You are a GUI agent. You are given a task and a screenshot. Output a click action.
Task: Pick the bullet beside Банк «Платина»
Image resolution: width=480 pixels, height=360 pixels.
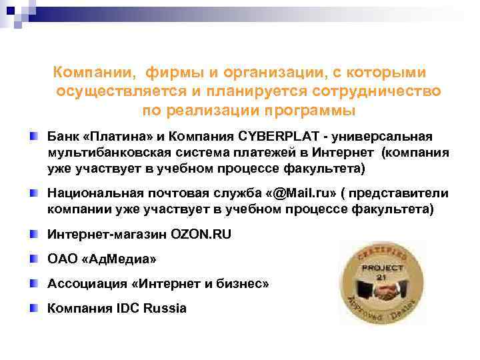tap(33, 137)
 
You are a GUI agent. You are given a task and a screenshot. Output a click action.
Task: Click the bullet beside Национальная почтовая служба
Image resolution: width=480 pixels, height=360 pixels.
tap(33, 193)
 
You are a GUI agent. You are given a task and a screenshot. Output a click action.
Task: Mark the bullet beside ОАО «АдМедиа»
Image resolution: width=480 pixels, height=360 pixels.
tap(33, 259)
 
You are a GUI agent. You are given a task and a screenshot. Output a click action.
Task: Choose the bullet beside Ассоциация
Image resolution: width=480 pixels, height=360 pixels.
tap(33, 284)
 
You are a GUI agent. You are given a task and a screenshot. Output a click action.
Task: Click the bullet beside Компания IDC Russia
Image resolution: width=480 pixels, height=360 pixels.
tap(33, 308)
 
